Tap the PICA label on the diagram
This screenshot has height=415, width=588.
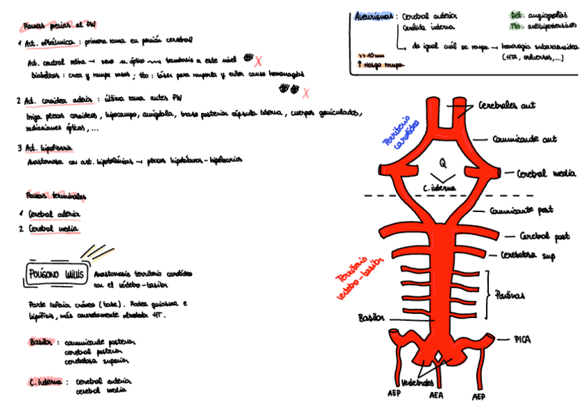[522, 339]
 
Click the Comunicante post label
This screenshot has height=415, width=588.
[521, 209]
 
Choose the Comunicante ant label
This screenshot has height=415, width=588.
[524, 139]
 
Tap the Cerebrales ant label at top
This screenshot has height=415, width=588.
[507, 106]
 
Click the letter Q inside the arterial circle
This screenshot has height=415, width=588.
[442, 164]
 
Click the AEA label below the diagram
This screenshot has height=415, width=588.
[436, 396]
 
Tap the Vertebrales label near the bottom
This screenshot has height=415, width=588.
[418, 382]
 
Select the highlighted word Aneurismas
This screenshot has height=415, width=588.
[374, 16]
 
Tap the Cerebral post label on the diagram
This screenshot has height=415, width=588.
[544, 236]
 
